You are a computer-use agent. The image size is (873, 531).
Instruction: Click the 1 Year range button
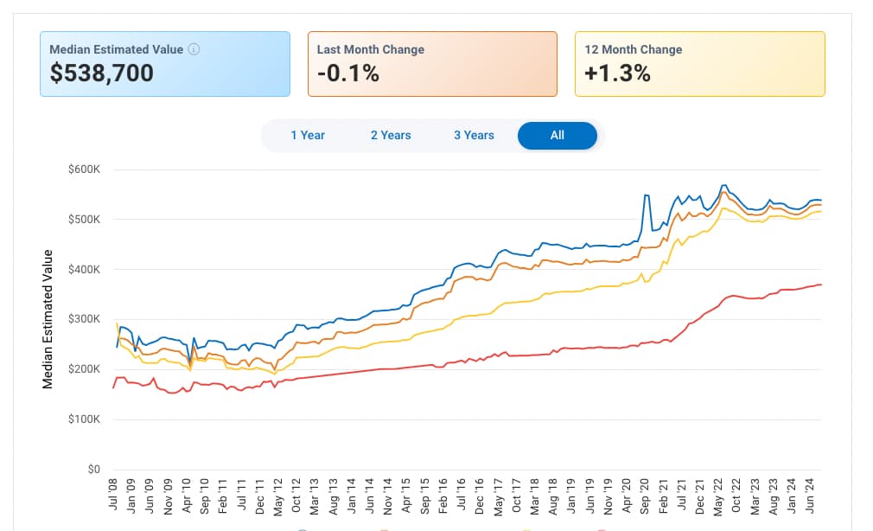click(307, 135)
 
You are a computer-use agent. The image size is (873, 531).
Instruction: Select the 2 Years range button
click(391, 135)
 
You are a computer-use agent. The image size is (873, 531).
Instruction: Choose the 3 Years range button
click(474, 135)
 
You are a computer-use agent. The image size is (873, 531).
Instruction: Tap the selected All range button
click(557, 135)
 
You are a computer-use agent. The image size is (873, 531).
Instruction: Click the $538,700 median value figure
click(102, 74)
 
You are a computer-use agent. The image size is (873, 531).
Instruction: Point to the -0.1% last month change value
click(348, 74)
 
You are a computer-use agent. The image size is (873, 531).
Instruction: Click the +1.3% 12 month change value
click(617, 74)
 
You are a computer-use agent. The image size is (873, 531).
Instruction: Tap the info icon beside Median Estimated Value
click(194, 49)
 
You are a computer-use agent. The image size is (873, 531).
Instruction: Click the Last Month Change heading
click(370, 49)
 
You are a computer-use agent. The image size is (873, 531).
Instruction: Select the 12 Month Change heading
click(633, 49)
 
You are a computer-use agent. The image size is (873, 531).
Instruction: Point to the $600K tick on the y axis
click(85, 169)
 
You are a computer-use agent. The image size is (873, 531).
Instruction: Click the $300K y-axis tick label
click(85, 319)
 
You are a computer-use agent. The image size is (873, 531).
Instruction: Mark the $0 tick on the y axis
click(93, 470)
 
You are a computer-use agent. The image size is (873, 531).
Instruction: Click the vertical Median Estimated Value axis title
click(48, 319)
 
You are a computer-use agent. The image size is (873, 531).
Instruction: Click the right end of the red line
click(820, 285)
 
